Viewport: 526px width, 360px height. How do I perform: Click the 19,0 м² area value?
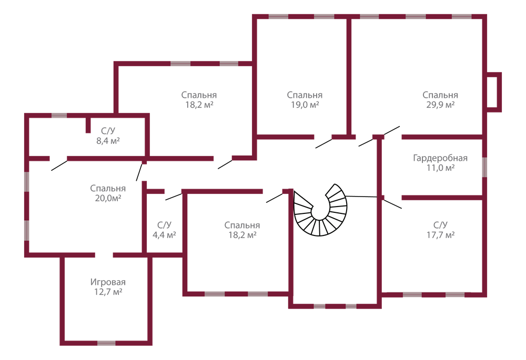tap(305, 105)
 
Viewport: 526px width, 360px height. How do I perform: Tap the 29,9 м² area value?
tap(440, 105)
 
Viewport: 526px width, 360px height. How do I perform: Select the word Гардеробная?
tap(440, 158)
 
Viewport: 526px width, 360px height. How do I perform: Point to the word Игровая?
tap(108, 282)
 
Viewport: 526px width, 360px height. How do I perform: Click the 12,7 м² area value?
tap(108, 292)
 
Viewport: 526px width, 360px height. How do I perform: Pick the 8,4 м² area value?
tap(108, 140)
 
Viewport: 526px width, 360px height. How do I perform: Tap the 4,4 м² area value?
tap(164, 235)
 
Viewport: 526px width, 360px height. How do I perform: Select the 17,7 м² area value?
tap(440, 235)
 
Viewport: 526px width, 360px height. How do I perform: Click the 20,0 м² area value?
tap(108, 198)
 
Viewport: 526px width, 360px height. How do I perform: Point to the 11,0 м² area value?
tap(440, 168)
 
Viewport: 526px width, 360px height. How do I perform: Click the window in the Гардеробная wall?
tap(485, 167)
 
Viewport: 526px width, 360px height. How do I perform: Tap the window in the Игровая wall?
tap(106, 343)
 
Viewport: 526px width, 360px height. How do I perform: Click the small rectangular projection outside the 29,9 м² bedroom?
tap(494, 92)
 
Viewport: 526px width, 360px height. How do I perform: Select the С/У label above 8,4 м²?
tap(108, 131)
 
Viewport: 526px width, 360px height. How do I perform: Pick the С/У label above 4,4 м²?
tap(164, 225)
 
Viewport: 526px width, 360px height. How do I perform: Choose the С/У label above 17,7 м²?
tap(440, 225)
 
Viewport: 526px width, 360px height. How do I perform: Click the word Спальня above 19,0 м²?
tap(305, 95)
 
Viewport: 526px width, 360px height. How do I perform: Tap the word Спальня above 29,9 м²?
tap(440, 95)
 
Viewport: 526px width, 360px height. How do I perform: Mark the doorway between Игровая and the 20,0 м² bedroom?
tap(104, 255)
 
